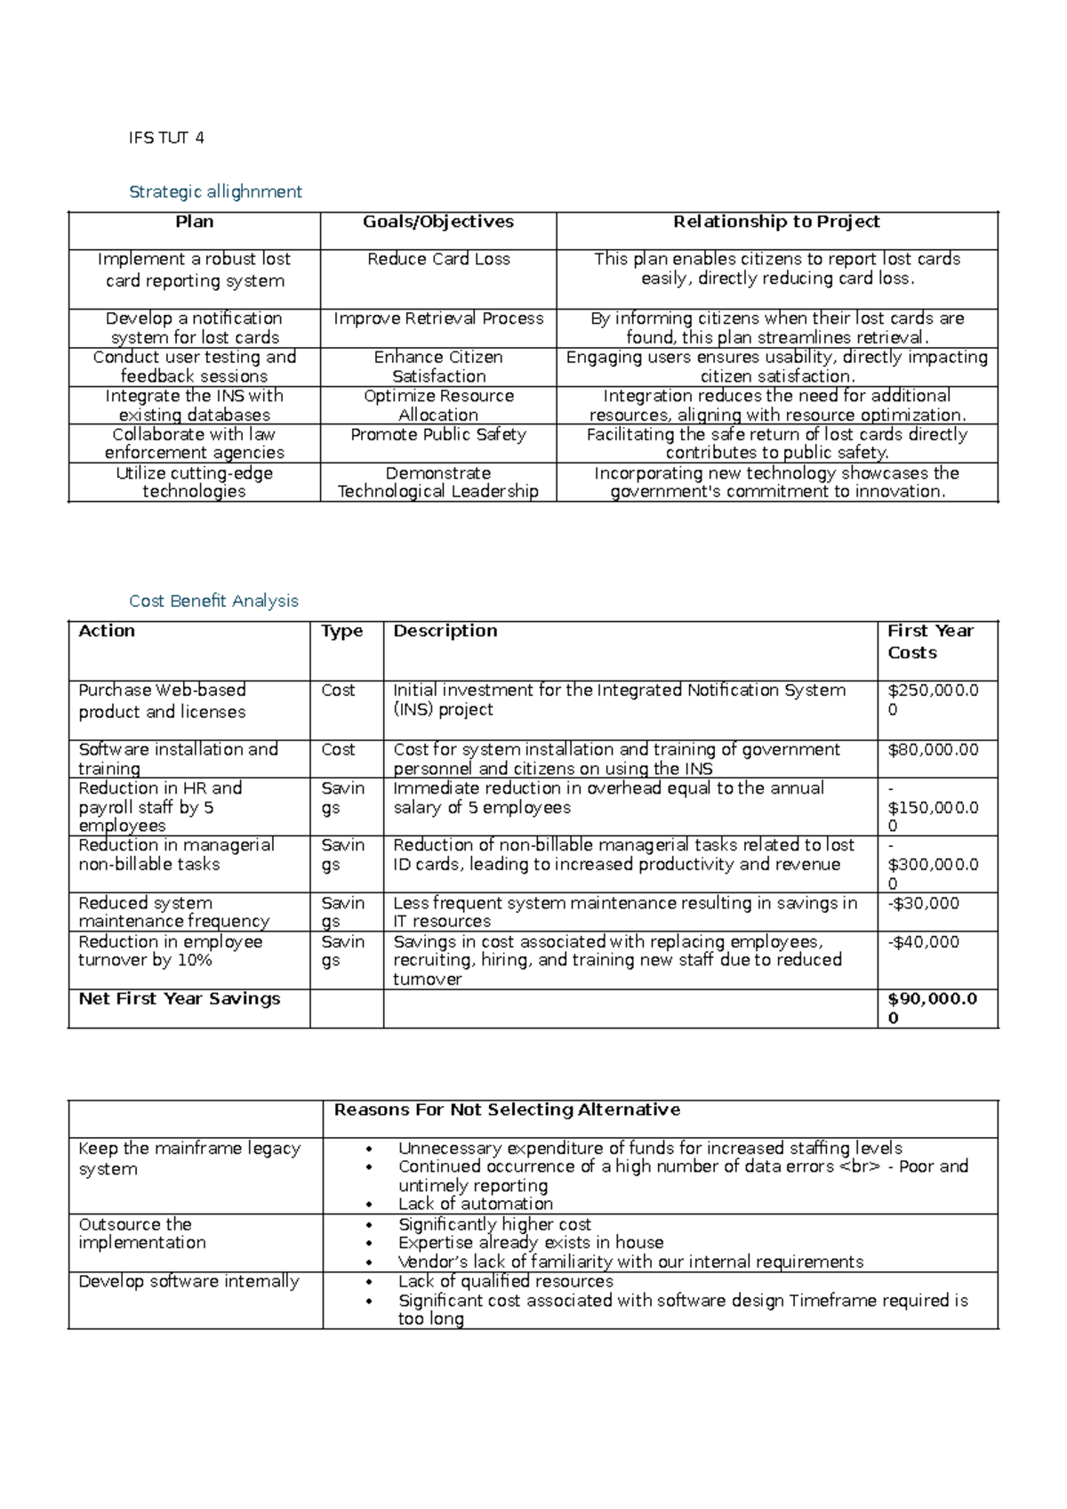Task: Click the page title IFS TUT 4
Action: click(166, 138)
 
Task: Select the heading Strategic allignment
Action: click(215, 192)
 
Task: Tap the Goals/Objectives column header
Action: click(437, 222)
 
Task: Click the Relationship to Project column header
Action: click(776, 222)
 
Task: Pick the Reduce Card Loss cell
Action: click(438, 260)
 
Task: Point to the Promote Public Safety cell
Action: click(438, 435)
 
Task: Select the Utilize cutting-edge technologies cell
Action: click(194, 482)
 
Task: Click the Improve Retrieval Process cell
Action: click(438, 319)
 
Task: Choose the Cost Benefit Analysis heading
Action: click(213, 601)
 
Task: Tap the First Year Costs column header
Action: click(930, 642)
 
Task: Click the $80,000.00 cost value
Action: click(933, 750)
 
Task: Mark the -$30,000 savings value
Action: click(923, 904)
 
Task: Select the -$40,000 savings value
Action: click(923, 942)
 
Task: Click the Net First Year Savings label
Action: click(179, 999)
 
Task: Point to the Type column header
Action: click(342, 632)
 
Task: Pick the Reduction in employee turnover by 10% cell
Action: click(170, 951)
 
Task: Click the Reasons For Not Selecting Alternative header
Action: click(507, 1110)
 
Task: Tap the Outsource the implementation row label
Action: click(142, 1234)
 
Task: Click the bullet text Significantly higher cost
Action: click(494, 1225)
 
